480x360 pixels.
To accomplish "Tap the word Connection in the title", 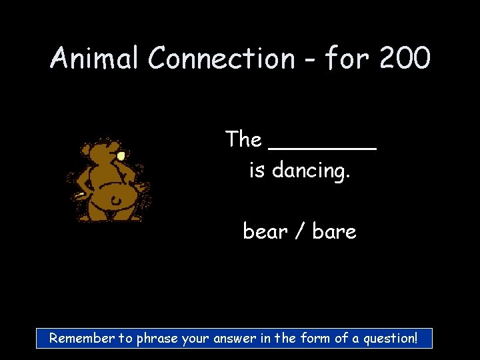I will pos(221,59).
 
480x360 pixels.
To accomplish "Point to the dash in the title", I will pos(309,60).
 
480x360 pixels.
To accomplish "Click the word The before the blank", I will pos(243,139).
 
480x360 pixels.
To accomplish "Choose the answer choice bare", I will pos(334,232).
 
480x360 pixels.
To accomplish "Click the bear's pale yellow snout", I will pos(121,155).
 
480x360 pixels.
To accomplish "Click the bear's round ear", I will pos(86,147).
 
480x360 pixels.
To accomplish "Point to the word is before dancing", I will pos(256,171).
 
